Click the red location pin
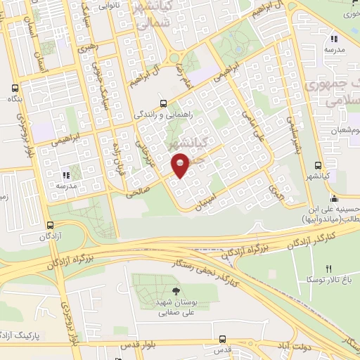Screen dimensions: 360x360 point(181,165)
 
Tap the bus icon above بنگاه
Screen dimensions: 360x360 point(15,89)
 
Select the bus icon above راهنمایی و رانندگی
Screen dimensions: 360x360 point(163,102)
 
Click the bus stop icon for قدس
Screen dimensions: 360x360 point(222,339)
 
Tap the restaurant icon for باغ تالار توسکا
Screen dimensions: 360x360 point(328,269)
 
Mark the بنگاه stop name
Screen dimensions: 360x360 point(15,101)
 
